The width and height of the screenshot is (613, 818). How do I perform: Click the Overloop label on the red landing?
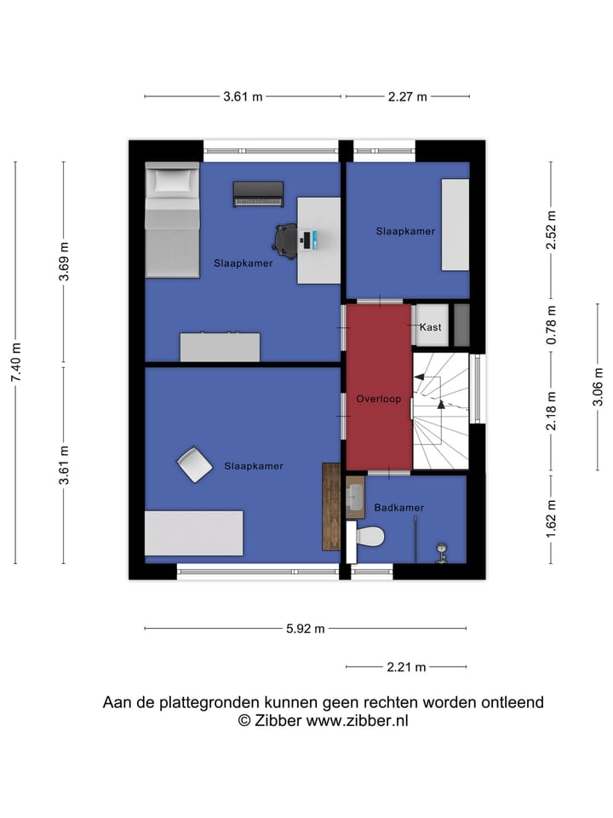(x=379, y=399)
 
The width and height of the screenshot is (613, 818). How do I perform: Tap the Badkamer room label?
(x=398, y=508)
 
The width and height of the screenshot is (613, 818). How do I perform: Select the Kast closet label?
(x=430, y=327)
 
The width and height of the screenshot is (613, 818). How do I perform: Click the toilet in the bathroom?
(x=368, y=537)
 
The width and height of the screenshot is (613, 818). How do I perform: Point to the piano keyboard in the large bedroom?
(x=258, y=195)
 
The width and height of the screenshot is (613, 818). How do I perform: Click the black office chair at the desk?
(x=287, y=239)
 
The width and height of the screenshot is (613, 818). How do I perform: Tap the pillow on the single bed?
(x=171, y=181)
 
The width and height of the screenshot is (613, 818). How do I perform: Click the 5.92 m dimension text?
(x=306, y=630)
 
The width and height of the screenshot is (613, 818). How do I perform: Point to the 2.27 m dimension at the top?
(x=407, y=97)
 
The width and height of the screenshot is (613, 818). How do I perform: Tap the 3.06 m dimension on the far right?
(x=599, y=387)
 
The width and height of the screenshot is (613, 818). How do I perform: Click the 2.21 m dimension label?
(x=406, y=667)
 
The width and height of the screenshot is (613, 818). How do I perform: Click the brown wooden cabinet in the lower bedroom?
(x=331, y=506)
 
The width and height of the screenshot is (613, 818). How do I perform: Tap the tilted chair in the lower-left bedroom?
(x=195, y=465)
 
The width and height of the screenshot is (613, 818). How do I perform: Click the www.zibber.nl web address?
(x=358, y=721)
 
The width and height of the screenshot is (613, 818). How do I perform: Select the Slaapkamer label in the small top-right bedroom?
(x=405, y=231)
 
